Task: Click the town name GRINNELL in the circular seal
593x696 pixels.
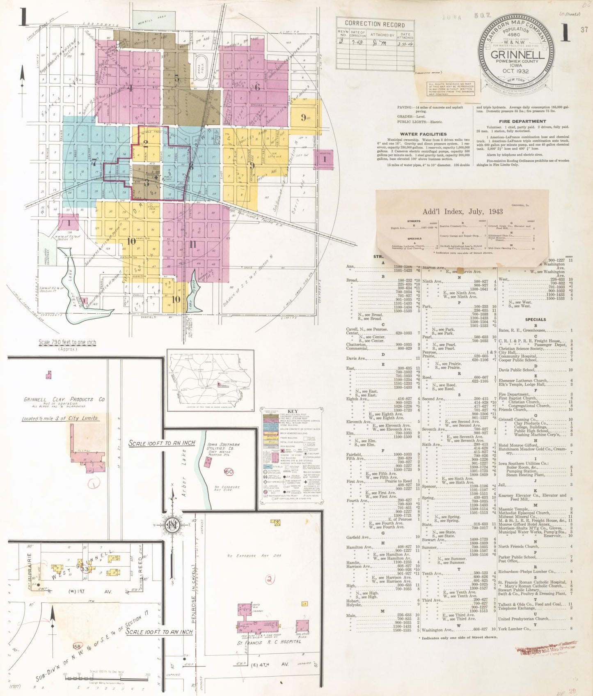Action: click(517, 55)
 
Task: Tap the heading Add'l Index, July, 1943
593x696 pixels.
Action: click(462, 212)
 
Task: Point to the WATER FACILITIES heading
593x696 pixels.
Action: click(423, 134)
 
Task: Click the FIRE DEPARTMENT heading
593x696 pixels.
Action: click(522, 121)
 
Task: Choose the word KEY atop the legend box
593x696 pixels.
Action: click(293, 411)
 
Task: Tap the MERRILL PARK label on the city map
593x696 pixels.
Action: click(152, 18)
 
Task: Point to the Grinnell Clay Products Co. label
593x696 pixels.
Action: click(64, 399)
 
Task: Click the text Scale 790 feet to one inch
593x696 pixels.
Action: click(67, 342)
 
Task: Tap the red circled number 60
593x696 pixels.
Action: click(229, 472)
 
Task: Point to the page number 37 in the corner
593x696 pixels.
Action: click(584, 30)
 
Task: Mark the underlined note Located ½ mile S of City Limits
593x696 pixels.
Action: click(60, 418)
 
